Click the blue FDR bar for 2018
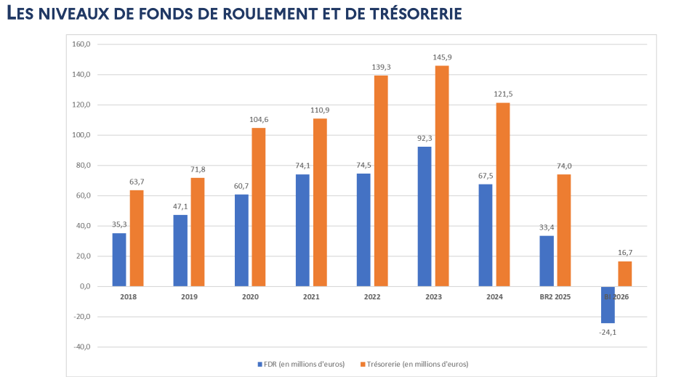(x=119, y=259)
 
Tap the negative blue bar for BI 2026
(x=608, y=304)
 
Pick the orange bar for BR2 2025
(x=564, y=230)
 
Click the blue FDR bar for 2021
(x=302, y=230)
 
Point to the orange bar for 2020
(x=259, y=207)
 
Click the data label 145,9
(x=442, y=57)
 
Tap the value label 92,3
(x=425, y=138)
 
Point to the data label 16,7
(x=625, y=253)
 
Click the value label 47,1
(x=180, y=206)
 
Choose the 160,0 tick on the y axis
(x=81, y=44)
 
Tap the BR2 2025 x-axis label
(x=555, y=297)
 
